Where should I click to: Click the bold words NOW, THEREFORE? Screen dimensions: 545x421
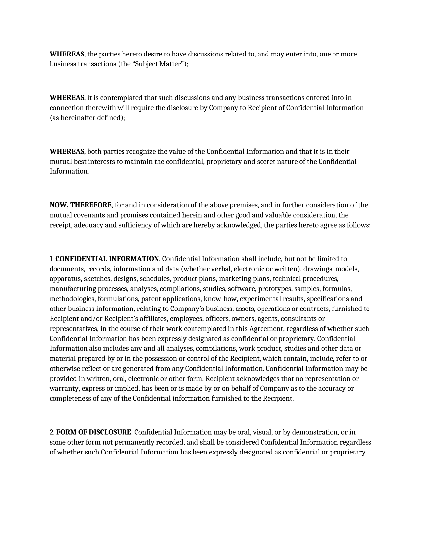81,205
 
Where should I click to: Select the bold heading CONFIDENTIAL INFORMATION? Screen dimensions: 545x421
107,259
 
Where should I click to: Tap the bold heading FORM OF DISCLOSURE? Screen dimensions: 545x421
94,432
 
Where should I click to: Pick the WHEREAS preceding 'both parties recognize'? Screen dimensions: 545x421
67,151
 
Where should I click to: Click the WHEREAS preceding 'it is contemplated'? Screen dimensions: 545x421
67,98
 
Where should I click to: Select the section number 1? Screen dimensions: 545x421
52,259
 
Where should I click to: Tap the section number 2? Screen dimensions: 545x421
52,432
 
